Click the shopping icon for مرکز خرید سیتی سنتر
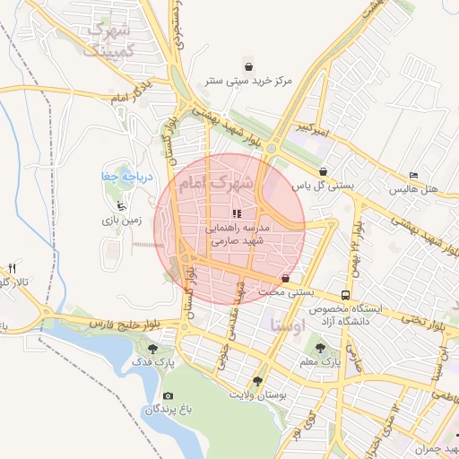248,66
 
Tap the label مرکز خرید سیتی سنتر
248,82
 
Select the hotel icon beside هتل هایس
412,175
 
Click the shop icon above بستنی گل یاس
323,171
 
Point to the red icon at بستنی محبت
285,278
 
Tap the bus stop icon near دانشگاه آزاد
345,295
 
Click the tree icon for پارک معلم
328,348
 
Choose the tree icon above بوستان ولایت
258,380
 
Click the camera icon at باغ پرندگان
168,395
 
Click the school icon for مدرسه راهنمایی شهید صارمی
236,214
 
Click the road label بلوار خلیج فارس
106,322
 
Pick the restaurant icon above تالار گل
13,268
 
